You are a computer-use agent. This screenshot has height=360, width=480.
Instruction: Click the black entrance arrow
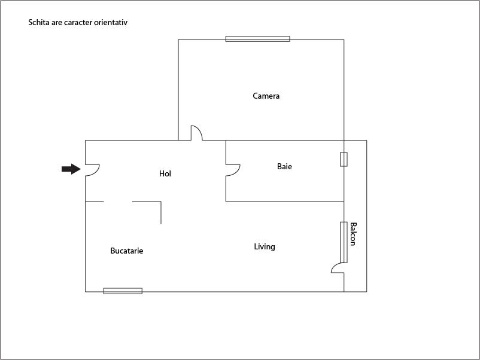click(71, 169)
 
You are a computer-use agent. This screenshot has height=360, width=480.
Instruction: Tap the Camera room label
click(266, 96)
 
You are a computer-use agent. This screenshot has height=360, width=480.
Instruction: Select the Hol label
click(165, 173)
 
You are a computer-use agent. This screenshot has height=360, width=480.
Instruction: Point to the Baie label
click(284, 166)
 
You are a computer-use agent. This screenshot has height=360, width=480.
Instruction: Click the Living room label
click(265, 246)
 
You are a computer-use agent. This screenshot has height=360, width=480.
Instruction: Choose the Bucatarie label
click(127, 251)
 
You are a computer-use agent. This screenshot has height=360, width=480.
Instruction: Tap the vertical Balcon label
click(353, 234)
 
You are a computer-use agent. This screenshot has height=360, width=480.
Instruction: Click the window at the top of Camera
click(257, 39)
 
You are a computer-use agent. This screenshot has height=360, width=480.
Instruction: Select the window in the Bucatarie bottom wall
click(123, 291)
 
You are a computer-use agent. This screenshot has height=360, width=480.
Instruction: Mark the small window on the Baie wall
click(344, 159)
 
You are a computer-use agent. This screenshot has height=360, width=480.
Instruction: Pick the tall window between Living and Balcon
click(344, 242)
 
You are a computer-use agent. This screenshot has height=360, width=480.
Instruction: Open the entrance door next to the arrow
click(92, 170)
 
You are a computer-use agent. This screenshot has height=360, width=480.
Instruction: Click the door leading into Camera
click(196, 133)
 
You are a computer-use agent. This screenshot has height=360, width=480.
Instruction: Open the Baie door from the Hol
click(232, 170)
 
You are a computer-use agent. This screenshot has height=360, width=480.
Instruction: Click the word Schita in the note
click(38, 23)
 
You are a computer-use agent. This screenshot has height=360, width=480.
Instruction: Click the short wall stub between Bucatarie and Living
click(161, 213)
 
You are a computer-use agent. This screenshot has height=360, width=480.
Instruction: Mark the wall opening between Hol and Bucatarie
click(118, 202)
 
